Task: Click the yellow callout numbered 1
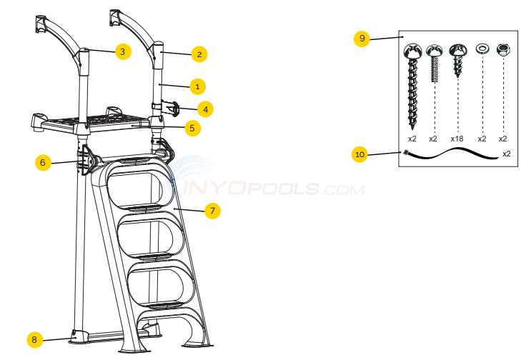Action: click(x=198, y=86)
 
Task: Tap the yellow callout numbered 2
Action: click(x=199, y=54)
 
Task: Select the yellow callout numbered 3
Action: click(x=122, y=51)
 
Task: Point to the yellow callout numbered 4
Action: click(x=206, y=109)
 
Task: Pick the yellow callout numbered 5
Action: click(x=192, y=129)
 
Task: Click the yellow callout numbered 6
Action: click(x=43, y=163)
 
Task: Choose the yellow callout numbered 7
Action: click(x=212, y=211)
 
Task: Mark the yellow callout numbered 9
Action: click(x=362, y=39)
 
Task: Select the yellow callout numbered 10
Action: click(x=359, y=154)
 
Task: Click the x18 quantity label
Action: click(x=458, y=139)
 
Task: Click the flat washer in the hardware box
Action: click(x=482, y=49)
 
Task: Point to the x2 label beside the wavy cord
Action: click(x=506, y=154)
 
